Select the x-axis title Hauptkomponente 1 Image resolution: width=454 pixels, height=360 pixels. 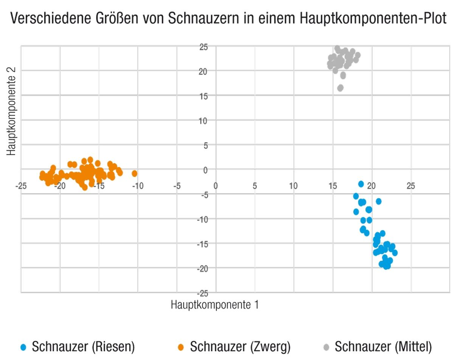tap(215, 304)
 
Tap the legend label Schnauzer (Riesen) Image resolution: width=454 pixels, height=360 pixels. tap(83, 346)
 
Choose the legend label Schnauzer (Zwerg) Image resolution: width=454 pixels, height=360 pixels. tap(240, 346)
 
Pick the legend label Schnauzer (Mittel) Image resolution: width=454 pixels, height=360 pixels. tap(383, 346)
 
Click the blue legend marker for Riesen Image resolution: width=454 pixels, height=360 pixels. tap(23, 347)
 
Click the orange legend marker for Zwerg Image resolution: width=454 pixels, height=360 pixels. tap(181, 347)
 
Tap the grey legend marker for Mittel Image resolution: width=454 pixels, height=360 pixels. tap(327, 347)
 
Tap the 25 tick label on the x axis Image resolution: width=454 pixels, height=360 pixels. tap(411, 186)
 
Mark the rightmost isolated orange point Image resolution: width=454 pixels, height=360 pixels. tap(134, 174)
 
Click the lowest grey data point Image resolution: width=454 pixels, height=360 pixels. tap(340, 88)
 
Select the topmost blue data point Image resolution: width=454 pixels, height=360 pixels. tap(361, 184)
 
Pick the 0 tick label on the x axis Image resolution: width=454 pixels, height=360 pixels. tap(216, 186)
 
